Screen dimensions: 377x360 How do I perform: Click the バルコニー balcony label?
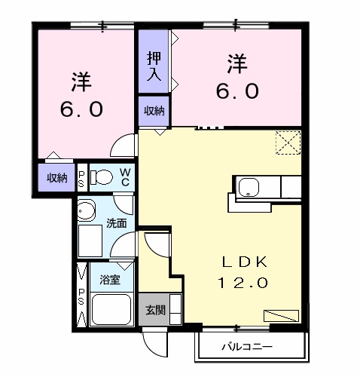247,348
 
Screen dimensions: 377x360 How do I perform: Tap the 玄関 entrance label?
154,309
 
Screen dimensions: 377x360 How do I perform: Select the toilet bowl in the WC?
100,177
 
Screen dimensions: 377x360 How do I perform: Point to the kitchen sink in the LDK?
249,188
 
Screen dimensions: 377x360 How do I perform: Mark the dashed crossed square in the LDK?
286,143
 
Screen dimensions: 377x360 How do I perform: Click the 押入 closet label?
154,66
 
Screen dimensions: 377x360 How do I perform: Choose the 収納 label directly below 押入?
154,110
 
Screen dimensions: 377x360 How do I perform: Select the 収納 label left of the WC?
56,178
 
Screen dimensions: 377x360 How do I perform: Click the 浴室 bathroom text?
110,280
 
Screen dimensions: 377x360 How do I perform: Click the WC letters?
126,177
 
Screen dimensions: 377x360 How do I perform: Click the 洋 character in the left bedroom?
81,80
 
